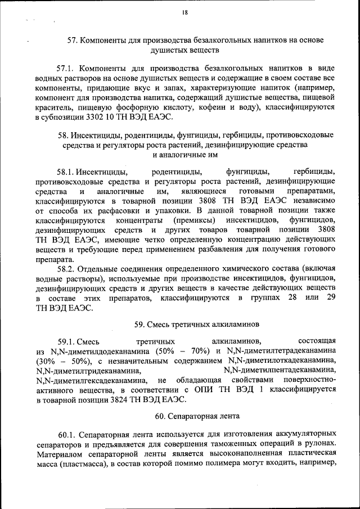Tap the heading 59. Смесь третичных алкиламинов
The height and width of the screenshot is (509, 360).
188,325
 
